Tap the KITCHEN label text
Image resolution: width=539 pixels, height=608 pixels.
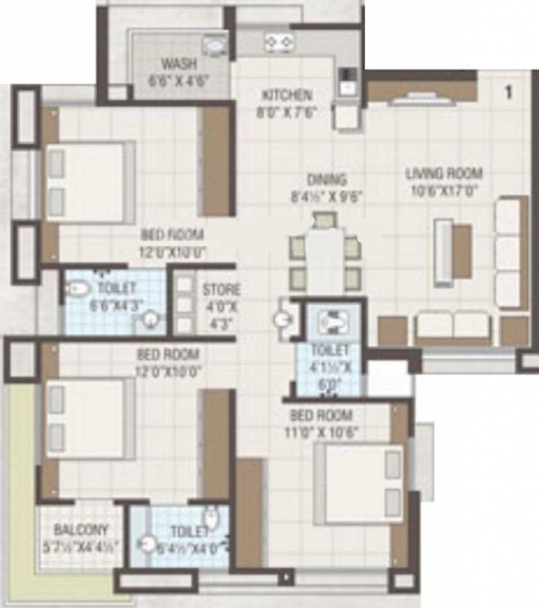tap(287, 96)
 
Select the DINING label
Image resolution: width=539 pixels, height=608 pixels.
tap(328, 180)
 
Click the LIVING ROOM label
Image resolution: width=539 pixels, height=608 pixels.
tap(444, 173)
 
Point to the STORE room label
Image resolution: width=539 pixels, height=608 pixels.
tap(221, 290)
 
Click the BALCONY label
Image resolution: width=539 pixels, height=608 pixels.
tap(82, 529)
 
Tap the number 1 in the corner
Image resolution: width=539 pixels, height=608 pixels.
tap(508, 93)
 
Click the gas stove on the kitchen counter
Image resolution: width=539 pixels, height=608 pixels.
tap(280, 40)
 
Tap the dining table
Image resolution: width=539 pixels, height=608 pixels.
tap(325, 259)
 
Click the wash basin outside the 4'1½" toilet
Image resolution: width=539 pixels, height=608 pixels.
tap(283, 321)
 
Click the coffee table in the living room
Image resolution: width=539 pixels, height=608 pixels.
tap(461, 245)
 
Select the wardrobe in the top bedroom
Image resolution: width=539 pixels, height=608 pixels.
tap(215, 160)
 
